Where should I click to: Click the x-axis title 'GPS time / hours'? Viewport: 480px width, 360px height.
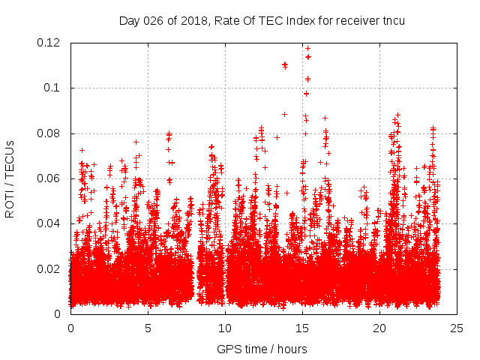[x=262, y=349]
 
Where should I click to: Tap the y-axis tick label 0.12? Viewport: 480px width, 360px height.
[x=50, y=43]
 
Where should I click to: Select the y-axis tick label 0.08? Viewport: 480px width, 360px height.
[x=50, y=133]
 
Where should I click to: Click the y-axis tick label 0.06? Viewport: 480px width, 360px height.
[x=50, y=178]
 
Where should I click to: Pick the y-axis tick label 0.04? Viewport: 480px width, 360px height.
[x=50, y=223]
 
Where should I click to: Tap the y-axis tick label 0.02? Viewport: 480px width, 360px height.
[x=50, y=269]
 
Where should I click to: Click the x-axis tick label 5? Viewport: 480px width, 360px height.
[x=148, y=328]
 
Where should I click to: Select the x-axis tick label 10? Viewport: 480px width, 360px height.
[x=225, y=328]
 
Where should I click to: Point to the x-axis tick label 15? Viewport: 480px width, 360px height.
[x=302, y=328]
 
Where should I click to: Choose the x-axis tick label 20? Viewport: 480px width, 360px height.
[x=379, y=328]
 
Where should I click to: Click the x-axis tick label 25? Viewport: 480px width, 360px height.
[x=457, y=328]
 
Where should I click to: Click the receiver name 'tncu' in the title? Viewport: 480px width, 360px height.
[x=393, y=20]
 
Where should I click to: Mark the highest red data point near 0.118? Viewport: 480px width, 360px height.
[x=307, y=48]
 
